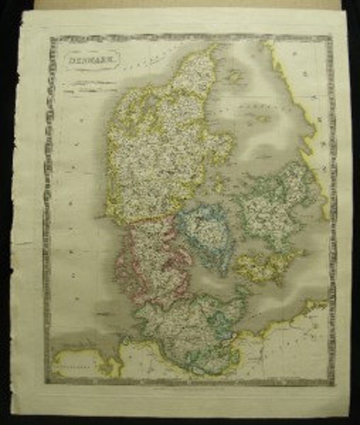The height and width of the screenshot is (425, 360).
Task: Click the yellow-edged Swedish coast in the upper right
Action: coord(297,95)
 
